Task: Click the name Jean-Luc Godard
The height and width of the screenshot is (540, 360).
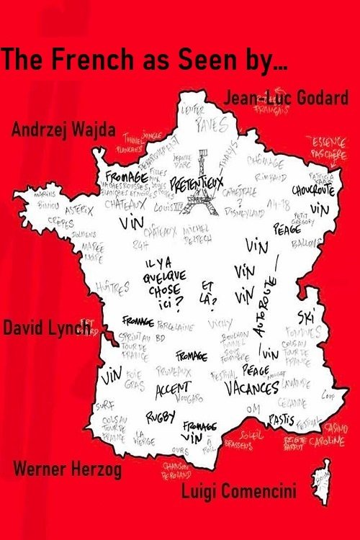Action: (x=287, y=98)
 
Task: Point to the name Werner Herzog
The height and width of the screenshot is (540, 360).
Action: (x=68, y=471)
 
